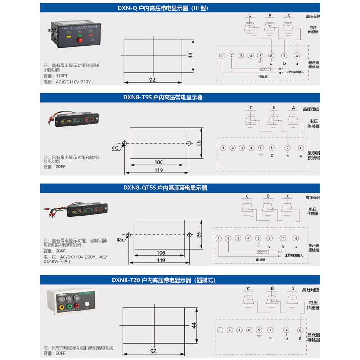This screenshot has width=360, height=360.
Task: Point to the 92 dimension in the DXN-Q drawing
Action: coord(152,80)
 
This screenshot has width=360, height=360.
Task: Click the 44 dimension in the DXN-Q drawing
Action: coord(190,55)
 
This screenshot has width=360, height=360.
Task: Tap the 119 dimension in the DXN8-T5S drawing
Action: coord(158,170)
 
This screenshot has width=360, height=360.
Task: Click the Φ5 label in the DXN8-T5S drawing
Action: coord(116,148)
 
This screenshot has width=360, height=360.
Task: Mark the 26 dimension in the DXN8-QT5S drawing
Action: coord(199,234)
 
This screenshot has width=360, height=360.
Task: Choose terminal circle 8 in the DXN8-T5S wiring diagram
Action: coord(301,148)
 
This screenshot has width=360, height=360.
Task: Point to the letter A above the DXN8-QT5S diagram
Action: coord(287,197)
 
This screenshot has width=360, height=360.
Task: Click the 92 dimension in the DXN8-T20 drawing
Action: coord(153,351)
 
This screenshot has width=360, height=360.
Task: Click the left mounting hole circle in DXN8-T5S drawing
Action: coord(125,144)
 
